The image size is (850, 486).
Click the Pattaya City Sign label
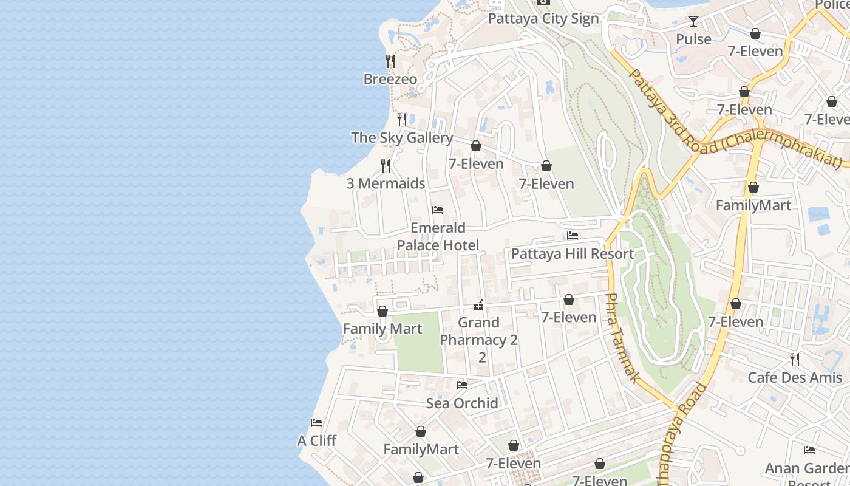(x=543, y=19)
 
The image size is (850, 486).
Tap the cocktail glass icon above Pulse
(x=693, y=22)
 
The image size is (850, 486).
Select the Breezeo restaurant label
(x=390, y=79)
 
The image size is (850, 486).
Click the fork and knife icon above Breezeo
(x=390, y=61)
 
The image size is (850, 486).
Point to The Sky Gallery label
(x=402, y=138)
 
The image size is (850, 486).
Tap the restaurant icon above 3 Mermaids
(x=386, y=166)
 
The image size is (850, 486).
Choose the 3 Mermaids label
(x=386, y=183)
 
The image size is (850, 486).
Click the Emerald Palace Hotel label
(x=438, y=236)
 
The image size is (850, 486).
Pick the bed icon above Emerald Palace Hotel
(x=438, y=210)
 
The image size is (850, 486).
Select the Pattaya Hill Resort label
(x=573, y=253)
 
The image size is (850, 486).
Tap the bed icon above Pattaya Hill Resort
(x=573, y=236)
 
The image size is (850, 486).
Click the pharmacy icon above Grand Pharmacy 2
(x=479, y=304)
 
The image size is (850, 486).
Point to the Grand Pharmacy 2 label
(x=479, y=339)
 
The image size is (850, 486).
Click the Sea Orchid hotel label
(x=462, y=403)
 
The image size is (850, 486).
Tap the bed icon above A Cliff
(x=316, y=423)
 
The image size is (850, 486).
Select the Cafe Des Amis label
(x=795, y=377)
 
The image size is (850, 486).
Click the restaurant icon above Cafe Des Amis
(x=795, y=360)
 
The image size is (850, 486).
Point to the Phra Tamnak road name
(x=622, y=338)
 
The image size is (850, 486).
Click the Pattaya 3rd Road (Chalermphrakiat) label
(x=735, y=118)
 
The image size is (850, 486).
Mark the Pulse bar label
(x=693, y=39)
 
